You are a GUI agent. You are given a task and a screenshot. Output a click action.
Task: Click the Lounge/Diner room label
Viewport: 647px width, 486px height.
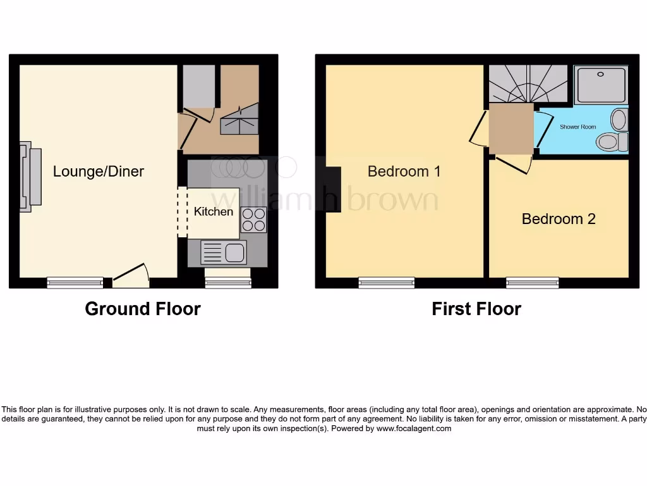pos(98,171)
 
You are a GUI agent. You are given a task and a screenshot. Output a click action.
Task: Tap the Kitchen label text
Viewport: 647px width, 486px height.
pos(213,211)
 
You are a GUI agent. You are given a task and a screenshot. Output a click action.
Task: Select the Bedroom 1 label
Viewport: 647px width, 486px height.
pos(404,171)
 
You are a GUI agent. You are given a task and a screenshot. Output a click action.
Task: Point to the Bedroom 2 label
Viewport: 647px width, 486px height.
pos(559,219)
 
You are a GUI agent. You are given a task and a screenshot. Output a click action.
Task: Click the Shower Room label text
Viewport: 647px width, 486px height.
pos(577,127)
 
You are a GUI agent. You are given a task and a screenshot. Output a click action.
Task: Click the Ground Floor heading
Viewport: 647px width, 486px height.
pos(143,309)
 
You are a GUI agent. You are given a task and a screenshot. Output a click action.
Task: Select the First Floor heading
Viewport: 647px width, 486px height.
pos(476,309)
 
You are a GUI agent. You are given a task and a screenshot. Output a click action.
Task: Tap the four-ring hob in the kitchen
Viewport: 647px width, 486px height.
pos(253,220)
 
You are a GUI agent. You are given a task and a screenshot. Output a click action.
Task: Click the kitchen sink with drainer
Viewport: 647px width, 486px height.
pos(223,252)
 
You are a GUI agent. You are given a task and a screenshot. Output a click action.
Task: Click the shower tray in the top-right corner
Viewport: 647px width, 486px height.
pos(601,85)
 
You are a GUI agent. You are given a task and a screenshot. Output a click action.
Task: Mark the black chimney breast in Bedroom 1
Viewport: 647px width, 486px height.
pos(333,190)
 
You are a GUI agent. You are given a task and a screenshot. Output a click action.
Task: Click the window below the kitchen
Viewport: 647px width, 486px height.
pos(228,283)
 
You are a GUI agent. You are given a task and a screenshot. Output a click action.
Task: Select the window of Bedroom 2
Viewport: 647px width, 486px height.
pos(532,283)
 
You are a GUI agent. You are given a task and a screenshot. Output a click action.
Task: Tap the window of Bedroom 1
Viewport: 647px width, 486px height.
pos(386,283)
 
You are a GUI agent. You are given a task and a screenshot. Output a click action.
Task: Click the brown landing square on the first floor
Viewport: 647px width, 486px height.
pos(511,130)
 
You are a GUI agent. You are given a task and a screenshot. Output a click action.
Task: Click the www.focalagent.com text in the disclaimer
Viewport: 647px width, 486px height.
pos(414,428)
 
